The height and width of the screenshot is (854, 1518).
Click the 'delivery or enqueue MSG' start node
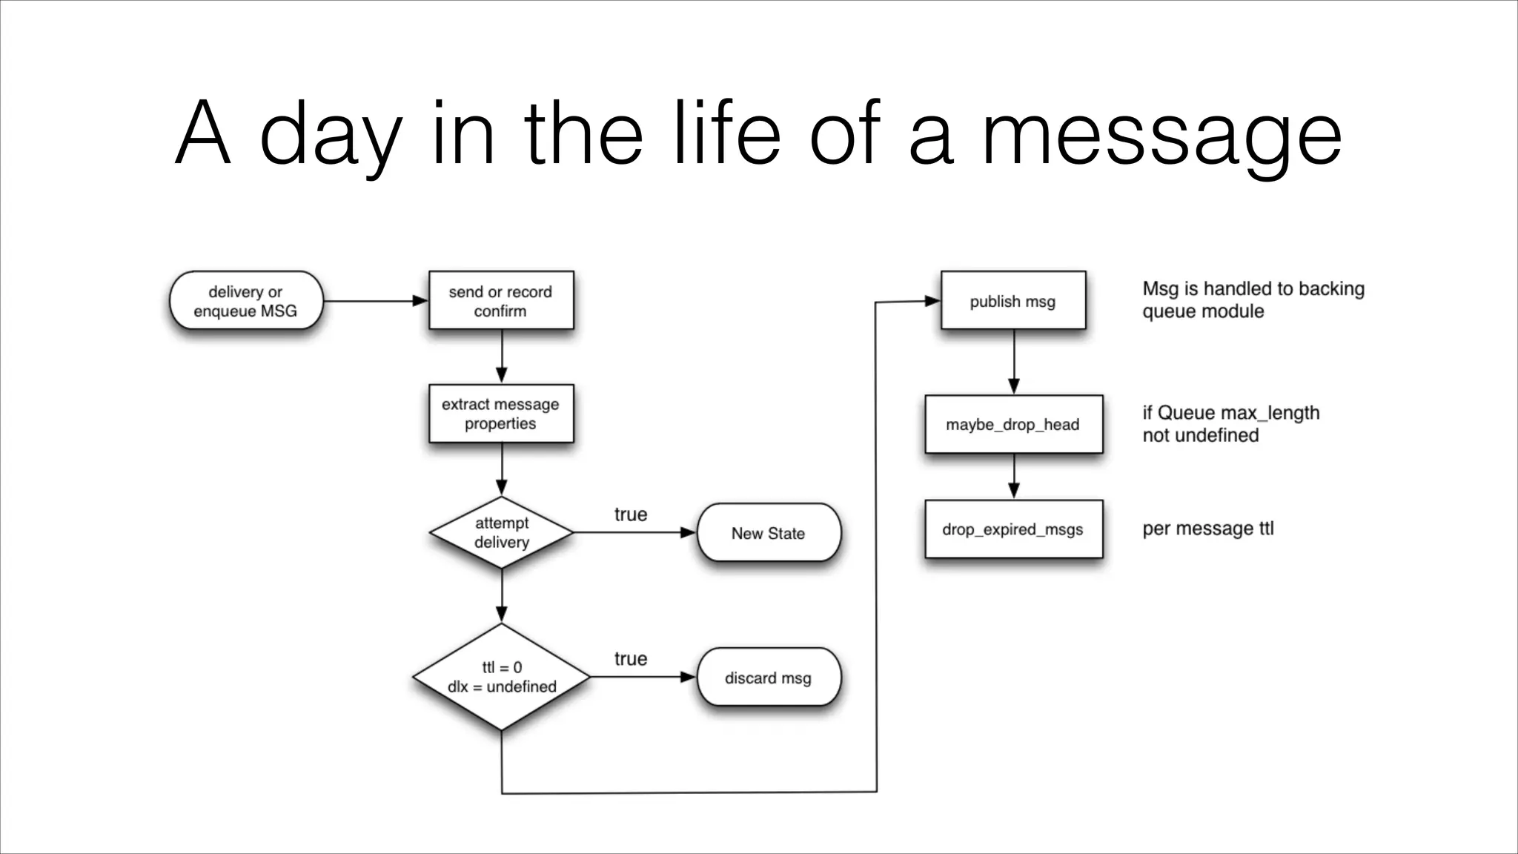[x=245, y=301]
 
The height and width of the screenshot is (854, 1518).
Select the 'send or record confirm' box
[x=501, y=300]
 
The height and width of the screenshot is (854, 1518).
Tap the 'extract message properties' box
[x=501, y=414]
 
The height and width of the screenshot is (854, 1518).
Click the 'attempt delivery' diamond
[x=501, y=532]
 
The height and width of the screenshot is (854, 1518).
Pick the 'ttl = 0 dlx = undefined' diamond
[x=501, y=677]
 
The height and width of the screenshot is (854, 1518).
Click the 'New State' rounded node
[x=768, y=533]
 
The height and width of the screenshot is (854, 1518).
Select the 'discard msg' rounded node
[x=768, y=678]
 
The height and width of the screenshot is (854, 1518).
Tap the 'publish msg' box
[x=1012, y=301]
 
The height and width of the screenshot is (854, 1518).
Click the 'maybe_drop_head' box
[x=1012, y=424]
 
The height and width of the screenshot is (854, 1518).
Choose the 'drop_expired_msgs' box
[x=1012, y=529]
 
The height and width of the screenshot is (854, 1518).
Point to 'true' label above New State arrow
[x=630, y=514]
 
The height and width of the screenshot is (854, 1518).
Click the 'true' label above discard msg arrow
[x=630, y=659]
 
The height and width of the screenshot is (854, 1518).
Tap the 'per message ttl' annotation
[x=1207, y=529]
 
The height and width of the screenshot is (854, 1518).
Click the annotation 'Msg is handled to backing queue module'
[x=1253, y=299]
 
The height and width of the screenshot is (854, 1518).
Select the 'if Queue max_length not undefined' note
[x=1230, y=423]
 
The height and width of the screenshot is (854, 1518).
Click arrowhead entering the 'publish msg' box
[x=932, y=301]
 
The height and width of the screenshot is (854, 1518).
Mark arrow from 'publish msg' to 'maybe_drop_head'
[x=1014, y=362]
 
